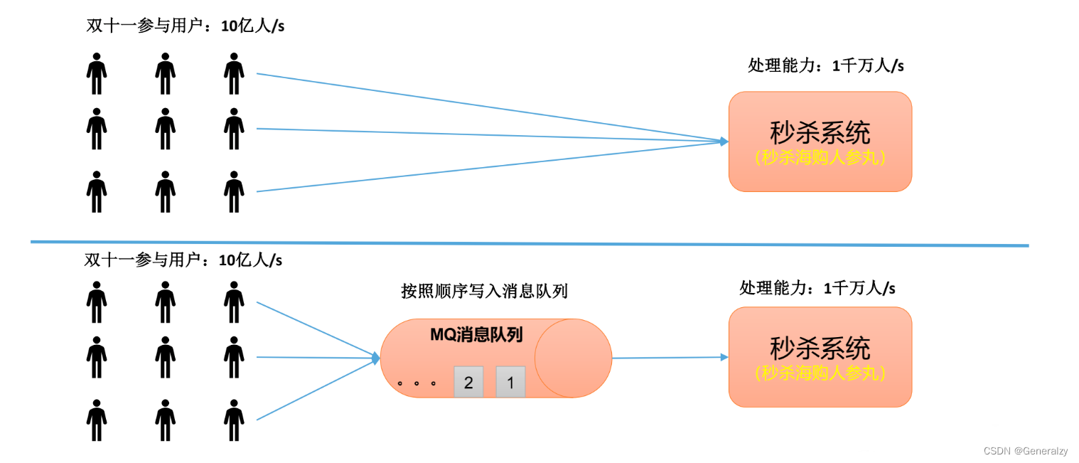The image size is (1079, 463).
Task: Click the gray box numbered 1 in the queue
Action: [x=510, y=382]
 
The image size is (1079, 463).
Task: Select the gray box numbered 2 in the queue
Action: [x=468, y=382]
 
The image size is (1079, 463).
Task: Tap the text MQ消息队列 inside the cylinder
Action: [x=476, y=335]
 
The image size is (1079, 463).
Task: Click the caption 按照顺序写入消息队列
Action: [x=484, y=291]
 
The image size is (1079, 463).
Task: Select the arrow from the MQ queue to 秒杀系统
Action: [x=668, y=358]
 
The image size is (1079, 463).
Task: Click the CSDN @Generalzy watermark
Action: [x=1025, y=451]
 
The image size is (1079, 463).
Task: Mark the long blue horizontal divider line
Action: [x=530, y=244]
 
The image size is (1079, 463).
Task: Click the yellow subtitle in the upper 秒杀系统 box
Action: [x=820, y=158]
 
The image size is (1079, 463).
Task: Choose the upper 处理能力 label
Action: [x=778, y=65]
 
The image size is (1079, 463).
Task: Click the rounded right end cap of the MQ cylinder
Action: [x=573, y=358]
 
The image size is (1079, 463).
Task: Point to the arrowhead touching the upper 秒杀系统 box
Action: [x=724, y=142]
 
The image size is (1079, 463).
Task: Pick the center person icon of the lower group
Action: [x=166, y=357]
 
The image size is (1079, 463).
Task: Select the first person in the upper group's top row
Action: [x=97, y=73]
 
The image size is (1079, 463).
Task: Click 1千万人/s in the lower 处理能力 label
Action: [x=859, y=288]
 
